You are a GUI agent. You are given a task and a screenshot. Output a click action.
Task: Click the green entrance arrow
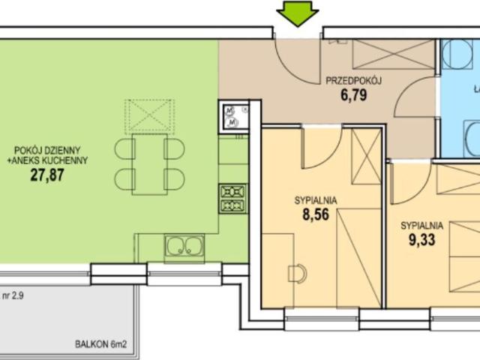point(298,13)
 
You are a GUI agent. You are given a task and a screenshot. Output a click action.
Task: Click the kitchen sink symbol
point(184,245)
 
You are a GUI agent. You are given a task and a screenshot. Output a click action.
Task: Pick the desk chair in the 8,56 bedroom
point(298,273)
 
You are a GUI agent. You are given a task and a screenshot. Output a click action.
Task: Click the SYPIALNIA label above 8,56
point(315,200)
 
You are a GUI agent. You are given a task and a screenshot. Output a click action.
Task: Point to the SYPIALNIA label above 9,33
point(422,225)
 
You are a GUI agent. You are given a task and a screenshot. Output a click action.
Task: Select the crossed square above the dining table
point(148,115)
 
